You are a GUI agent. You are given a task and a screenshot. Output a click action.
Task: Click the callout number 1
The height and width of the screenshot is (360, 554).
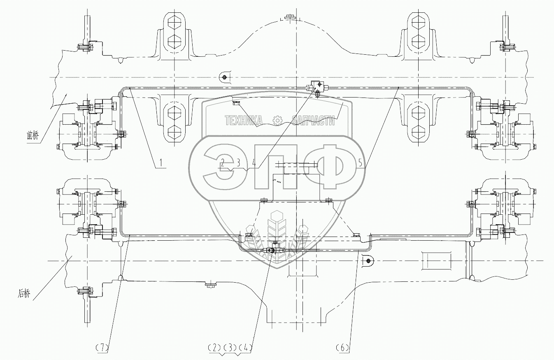(x=161, y=163)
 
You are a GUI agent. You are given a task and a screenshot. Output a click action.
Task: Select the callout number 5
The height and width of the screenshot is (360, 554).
(x=361, y=163)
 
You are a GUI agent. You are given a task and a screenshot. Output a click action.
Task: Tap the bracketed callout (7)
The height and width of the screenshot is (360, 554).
(x=101, y=348)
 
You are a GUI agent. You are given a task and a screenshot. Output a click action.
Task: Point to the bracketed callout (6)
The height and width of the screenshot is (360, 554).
(x=344, y=348)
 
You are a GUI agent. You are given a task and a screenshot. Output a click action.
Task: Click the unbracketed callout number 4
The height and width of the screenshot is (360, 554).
(x=254, y=163)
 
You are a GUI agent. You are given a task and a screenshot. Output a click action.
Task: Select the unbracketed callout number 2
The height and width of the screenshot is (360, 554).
(x=223, y=162)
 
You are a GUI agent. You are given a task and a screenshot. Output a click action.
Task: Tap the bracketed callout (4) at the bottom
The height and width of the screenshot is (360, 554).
(x=246, y=348)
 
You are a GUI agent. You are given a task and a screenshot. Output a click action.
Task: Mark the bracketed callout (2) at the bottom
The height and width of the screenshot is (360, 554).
(x=215, y=348)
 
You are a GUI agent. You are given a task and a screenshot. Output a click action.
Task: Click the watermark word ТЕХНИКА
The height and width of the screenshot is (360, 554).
(x=243, y=120)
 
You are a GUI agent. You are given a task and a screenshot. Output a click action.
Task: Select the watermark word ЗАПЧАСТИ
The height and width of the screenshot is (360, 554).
(x=312, y=120)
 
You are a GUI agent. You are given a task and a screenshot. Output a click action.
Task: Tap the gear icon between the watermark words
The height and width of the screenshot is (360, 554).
(x=277, y=120)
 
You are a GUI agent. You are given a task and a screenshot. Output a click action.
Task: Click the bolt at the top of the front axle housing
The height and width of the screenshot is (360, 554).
(x=290, y=17)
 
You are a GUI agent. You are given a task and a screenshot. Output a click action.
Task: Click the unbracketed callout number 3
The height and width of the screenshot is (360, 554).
(x=238, y=162)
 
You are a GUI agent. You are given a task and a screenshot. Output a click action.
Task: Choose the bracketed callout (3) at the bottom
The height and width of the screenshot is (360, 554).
(x=230, y=348)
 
